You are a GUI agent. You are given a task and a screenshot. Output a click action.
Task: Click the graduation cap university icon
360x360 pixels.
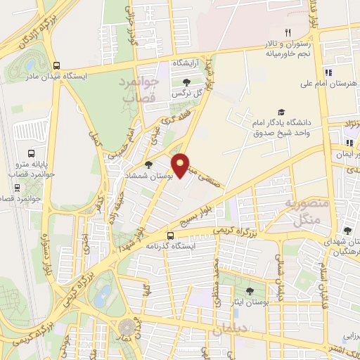281,112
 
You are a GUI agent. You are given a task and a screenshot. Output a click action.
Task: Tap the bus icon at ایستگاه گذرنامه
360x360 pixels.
171,236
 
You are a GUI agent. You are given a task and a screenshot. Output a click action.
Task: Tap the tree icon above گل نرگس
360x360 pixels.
186,83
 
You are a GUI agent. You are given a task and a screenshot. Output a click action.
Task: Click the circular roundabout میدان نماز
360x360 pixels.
127,327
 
